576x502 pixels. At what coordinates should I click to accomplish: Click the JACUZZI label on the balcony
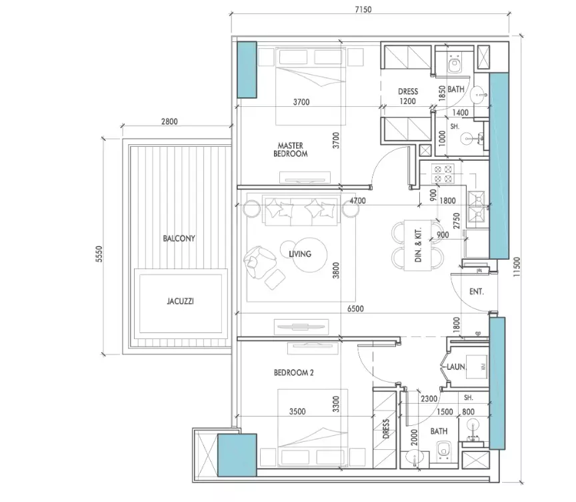tap(180, 301)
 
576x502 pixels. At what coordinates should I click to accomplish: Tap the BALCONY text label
tap(179, 238)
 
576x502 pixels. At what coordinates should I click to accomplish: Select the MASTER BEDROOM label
tap(290, 150)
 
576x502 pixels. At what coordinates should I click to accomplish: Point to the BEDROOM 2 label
tap(294, 372)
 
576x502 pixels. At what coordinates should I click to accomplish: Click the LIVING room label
tap(300, 254)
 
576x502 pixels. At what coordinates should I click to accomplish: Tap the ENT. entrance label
tap(477, 292)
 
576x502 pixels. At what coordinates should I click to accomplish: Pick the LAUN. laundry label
tap(456, 366)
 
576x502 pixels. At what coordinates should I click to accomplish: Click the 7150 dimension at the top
tap(363, 9)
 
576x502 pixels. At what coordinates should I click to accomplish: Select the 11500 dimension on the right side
tap(517, 267)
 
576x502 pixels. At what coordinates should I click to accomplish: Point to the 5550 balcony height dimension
tap(99, 254)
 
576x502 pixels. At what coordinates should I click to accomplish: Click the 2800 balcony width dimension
tap(169, 121)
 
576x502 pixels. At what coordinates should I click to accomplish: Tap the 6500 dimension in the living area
tap(355, 308)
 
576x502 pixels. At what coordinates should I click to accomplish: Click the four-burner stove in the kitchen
tap(443, 174)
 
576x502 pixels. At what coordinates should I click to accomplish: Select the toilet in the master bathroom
tap(455, 63)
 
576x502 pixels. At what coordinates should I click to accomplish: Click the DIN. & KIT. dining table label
tap(418, 245)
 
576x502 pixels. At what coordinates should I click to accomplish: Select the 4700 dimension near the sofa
tap(357, 201)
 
